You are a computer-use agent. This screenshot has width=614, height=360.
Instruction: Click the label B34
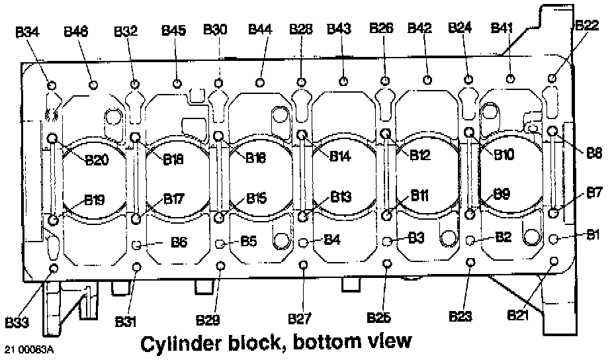pos(28,31)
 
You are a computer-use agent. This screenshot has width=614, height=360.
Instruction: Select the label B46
pos(77,31)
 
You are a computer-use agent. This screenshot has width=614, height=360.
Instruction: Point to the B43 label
pos(339,29)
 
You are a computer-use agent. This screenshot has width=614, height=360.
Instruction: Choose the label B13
pos(341,197)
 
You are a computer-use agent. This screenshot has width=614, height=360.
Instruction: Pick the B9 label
pos(502,194)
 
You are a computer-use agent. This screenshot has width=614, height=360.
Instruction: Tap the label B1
pos(593,234)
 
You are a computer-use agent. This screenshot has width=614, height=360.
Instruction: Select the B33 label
pos(18,322)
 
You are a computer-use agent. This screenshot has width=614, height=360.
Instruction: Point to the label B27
pos(300,320)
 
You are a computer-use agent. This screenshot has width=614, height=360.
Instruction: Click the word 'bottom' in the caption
pos(315,343)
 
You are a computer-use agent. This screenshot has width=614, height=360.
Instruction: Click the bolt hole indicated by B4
pos(304,241)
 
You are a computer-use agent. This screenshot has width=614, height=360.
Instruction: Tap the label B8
pos(593,153)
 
